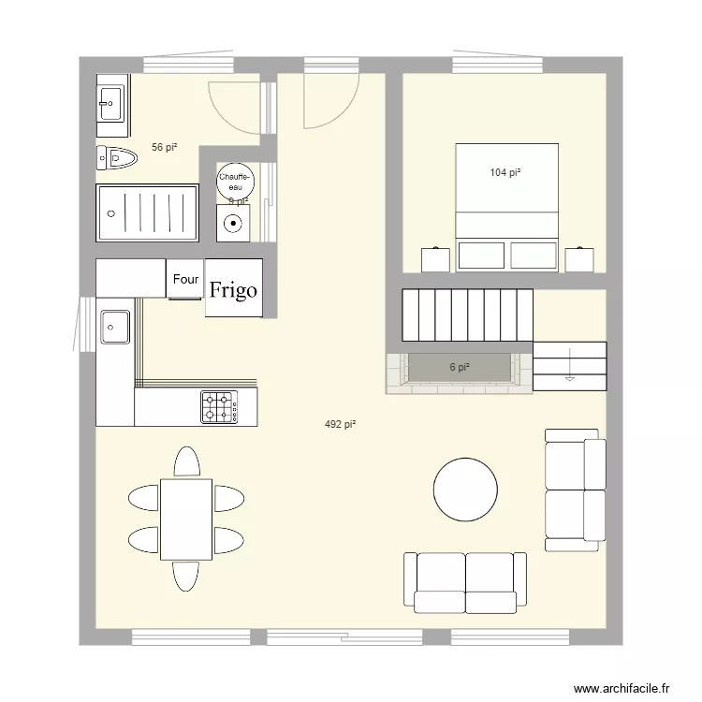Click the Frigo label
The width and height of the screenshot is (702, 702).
[234, 290]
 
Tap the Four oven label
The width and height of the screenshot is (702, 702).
[185, 279]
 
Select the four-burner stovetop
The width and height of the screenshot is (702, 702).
[218, 406]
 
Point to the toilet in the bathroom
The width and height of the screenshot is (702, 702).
[116, 159]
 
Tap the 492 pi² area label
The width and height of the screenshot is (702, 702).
[340, 425]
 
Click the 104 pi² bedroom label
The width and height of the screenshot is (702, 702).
[505, 172]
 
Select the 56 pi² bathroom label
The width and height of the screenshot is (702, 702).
[165, 147]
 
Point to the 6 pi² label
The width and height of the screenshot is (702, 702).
[459, 367]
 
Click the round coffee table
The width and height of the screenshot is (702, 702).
[465, 489]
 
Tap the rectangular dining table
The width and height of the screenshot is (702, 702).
[185, 519]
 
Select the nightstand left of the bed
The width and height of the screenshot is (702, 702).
[434, 259]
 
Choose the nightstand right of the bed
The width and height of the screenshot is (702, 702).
[579, 259]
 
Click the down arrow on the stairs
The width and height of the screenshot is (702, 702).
[568, 373]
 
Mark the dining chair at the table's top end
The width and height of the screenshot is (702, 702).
[187, 462]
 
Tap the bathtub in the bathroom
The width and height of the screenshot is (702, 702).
[148, 212]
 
